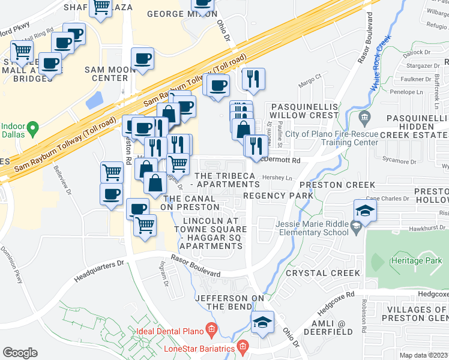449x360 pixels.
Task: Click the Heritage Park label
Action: click(x=415, y=261)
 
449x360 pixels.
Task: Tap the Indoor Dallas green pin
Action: click(x=34, y=128)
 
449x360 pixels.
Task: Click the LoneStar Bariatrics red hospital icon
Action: click(x=242, y=346)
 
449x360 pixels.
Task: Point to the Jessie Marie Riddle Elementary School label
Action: click(x=312, y=229)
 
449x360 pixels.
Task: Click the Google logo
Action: click(x=20, y=353)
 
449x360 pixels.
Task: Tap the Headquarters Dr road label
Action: click(x=98, y=271)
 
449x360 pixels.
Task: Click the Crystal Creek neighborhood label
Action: click(x=323, y=273)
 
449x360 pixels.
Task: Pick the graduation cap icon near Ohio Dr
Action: click(x=262, y=322)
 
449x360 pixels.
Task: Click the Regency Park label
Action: click(x=278, y=196)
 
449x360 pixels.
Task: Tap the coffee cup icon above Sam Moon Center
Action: click(x=143, y=59)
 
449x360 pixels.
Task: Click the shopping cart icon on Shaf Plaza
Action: click(x=101, y=8)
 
